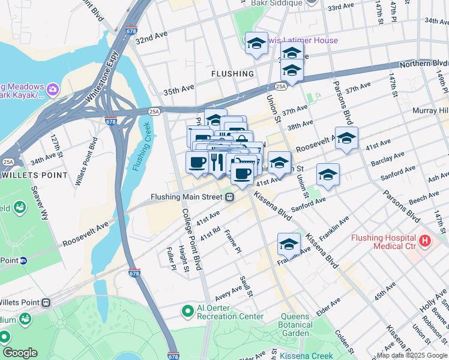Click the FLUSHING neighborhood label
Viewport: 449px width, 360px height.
pos(232,74)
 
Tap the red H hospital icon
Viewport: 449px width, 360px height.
pos(426,241)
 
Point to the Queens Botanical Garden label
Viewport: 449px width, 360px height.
pos(287,325)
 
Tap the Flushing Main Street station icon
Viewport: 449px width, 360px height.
pos(230,197)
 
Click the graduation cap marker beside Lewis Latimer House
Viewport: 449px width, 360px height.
pos(256,43)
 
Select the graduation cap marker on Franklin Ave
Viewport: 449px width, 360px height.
pos(289,244)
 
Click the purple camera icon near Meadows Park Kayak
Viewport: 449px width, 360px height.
pos(52,89)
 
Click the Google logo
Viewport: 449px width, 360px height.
pos(20,353)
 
